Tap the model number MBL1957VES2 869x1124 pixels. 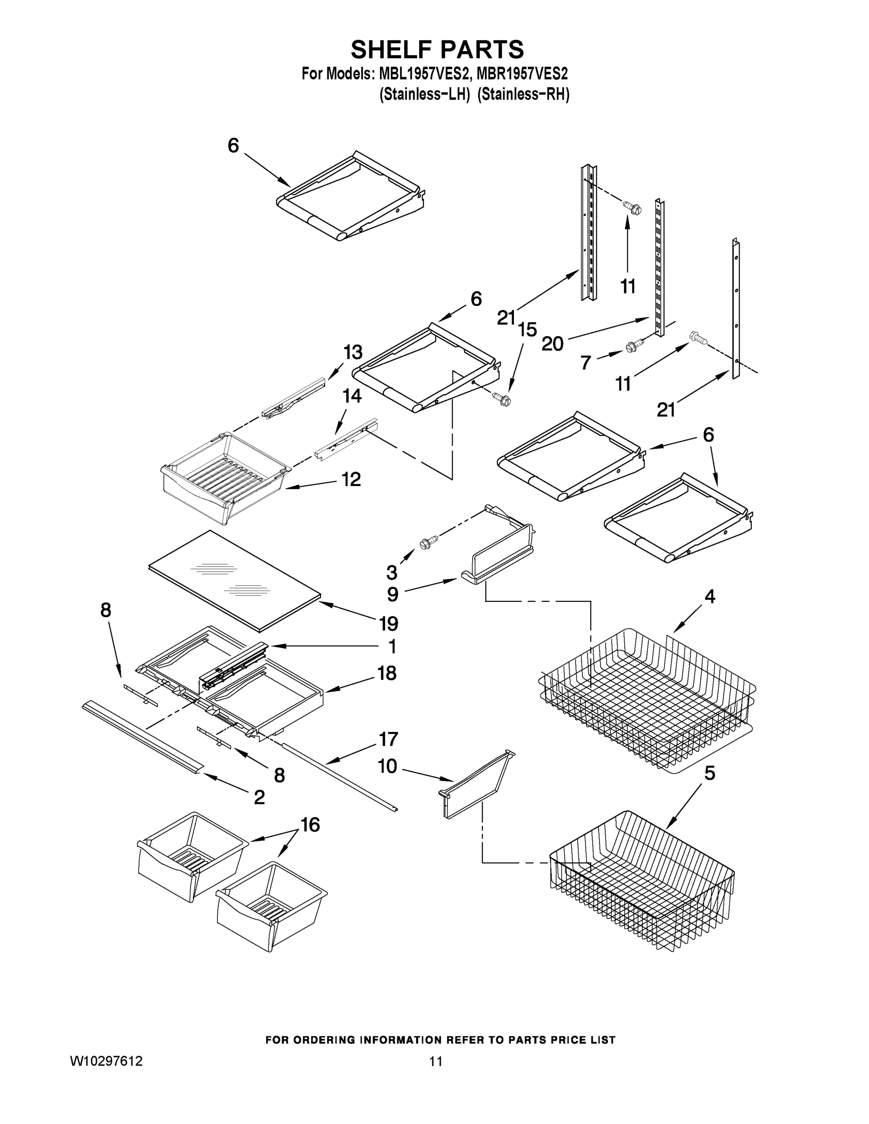[424, 74]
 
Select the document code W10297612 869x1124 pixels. [106, 1061]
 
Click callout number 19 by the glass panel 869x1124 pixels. [389, 624]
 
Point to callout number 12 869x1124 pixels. [351, 479]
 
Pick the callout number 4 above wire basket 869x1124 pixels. [709, 597]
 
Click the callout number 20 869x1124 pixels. [552, 343]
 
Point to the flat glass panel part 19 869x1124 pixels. [234, 579]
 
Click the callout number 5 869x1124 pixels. [709, 773]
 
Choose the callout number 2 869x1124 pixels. [259, 797]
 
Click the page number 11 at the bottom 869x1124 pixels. [436, 1061]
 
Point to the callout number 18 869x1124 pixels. [386, 673]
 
